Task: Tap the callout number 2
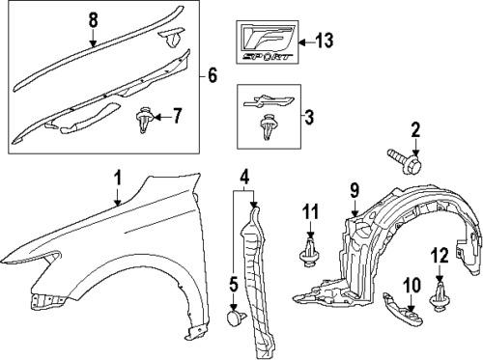(416, 130)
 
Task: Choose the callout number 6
(213, 71)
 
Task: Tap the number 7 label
(177, 117)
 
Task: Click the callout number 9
(355, 188)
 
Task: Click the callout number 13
(323, 41)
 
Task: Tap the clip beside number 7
(143, 121)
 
